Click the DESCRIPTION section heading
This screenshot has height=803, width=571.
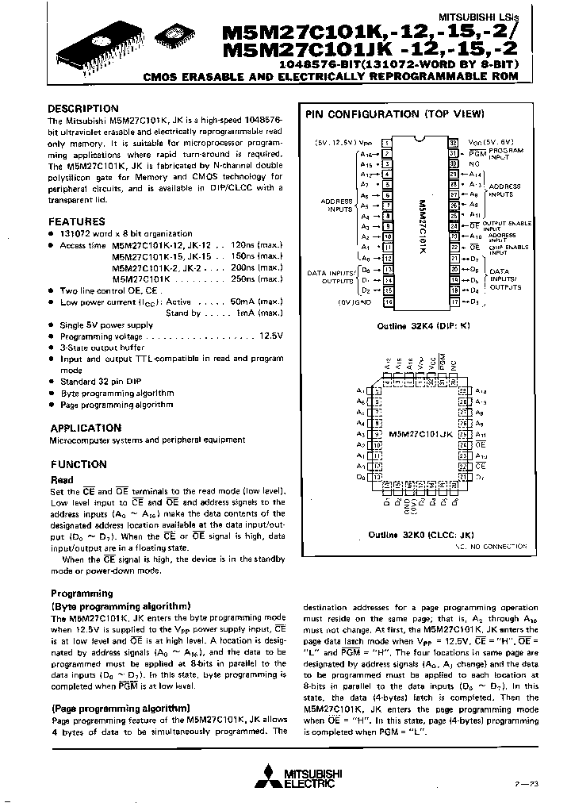point(83,108)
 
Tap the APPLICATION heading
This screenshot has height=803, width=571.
point(86,428)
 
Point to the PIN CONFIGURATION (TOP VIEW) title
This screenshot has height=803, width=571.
point(395,114)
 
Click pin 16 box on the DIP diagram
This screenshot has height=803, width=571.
point(388,302)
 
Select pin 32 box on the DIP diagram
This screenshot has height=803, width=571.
point(453,140)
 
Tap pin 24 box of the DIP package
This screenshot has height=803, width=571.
point(453,225)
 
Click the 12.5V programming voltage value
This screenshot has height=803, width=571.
point(270,336)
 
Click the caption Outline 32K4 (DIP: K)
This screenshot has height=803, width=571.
point(419,326)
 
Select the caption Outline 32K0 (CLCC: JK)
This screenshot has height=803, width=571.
point(419,535)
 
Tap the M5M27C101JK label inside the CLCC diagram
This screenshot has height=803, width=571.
point(420,435)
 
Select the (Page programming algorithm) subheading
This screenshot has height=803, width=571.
point(121,708)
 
